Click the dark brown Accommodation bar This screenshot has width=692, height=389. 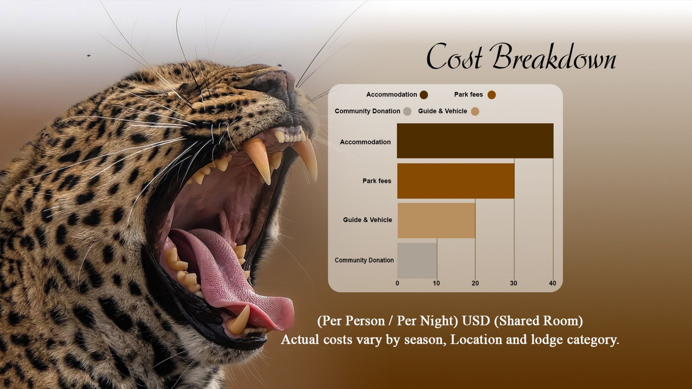click(475, 141)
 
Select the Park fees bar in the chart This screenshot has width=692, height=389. click(456, 181)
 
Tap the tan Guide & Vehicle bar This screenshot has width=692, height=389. click(436, 221)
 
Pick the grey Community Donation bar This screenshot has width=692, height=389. click(417, 260)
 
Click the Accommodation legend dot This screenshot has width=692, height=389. click(424, 95)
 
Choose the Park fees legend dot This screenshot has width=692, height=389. click(492, 95)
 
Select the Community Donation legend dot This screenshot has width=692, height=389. click(407, 112)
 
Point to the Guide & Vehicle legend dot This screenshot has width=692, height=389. click(475, 112)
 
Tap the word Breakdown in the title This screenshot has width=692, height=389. click(554, 57)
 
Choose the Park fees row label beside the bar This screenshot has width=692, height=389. click(377, 181)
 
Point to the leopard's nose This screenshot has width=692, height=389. click(277, 83)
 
